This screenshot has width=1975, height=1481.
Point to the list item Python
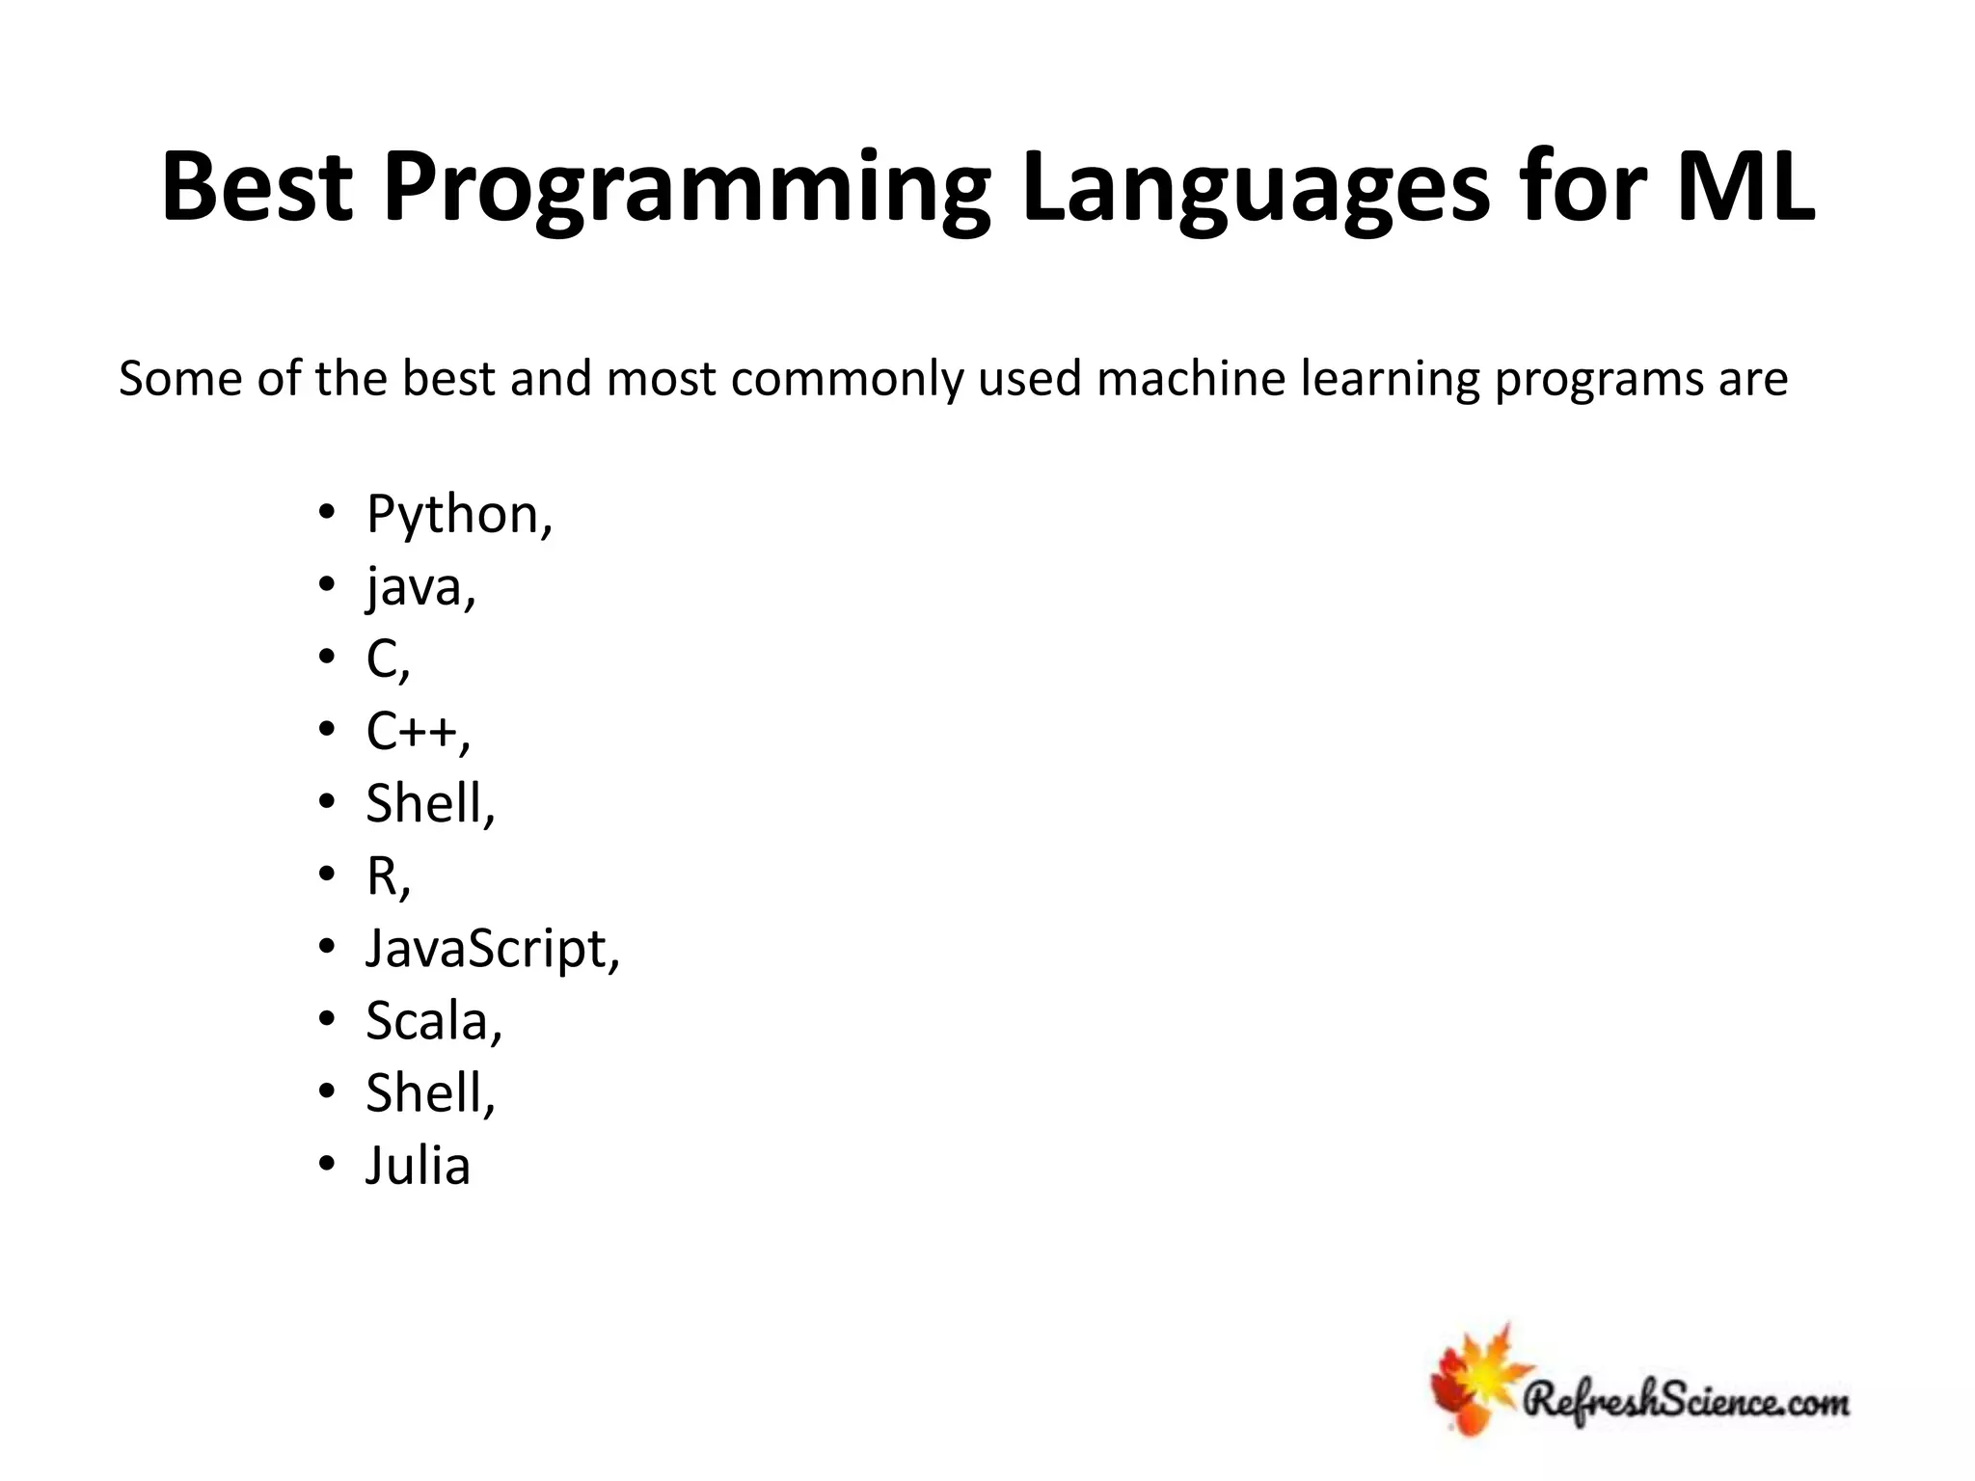(x=458, y=514)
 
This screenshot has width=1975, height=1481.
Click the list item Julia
(x=418, y=1166)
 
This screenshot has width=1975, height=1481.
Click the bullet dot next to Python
(x=327, y=512)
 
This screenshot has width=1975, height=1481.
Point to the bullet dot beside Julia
(x=327, y=1165)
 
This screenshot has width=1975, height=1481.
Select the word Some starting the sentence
(x=179, y=378)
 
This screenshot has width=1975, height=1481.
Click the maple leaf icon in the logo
(x=1475, y=1379)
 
